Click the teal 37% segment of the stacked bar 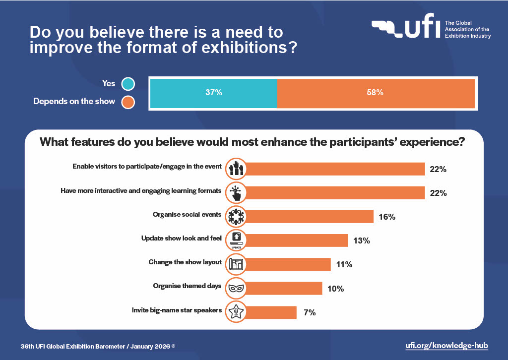pyautogui.click(x=213, y=92)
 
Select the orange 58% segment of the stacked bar pyautogui.click(x=376, y=92)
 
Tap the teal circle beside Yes pyautogui.click(x=128, y=84)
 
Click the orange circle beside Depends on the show pyautogui.click(x=128, y=102)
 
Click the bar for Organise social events pyautogui.click(x=308, y=217)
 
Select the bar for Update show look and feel pyautogui.click(x=295, y=240)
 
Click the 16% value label pyautogui.click(x=386, y=217)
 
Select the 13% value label pyautogui.click(x=361, y=240)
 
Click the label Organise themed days pyautogui.click(x=187, y=286)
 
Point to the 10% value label pyautogui.click(x=335, y=288)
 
